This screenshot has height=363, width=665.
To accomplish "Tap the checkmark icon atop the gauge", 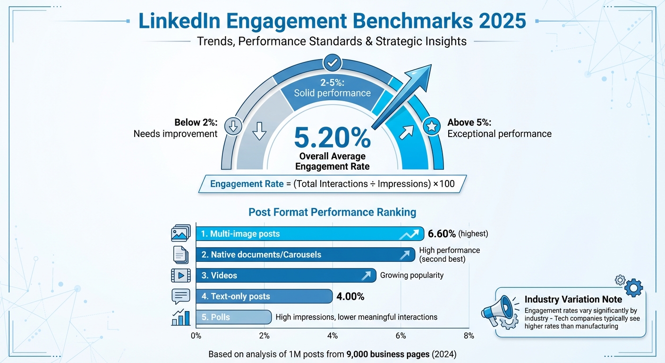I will point(332,62).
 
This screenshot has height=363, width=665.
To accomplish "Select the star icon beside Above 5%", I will point(431,126).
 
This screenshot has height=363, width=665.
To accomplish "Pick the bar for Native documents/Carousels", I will point(305,254).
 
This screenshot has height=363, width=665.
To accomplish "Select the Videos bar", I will point(286,275).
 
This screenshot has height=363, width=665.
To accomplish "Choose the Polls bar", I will point(233,317).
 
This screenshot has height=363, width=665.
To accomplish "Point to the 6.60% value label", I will point(442,233).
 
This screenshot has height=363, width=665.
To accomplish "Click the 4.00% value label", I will point(350,297).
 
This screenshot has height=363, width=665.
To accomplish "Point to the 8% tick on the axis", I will point(469,336).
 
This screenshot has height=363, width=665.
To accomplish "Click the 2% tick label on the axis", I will point(264,336).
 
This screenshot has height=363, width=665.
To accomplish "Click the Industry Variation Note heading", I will point(573,299).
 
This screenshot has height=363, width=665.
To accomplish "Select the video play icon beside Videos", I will point(181,275).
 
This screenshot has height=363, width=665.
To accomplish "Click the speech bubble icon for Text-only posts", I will point(181,296).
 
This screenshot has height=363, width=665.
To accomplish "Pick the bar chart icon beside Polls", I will point(180,317).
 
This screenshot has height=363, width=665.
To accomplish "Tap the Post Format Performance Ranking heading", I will point(332,212).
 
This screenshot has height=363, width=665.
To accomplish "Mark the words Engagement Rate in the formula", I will point(240,184).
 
